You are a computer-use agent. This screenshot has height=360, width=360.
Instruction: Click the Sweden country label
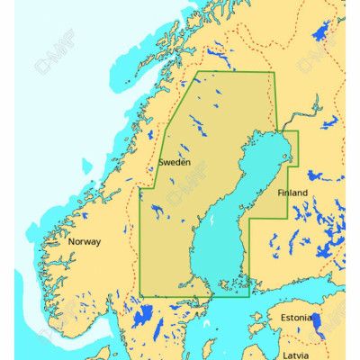click(x=174, y=163)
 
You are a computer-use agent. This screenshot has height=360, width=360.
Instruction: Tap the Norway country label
click(x=85, y=241)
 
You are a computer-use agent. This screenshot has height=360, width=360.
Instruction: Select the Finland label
click(x=292, y=193)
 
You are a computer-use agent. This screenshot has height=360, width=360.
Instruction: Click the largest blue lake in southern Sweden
click(x=141, y=316)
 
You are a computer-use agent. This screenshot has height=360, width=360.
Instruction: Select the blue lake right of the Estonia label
click(x=317, y=322)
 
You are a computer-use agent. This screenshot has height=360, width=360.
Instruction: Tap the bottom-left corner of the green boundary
click(x=140, y=295)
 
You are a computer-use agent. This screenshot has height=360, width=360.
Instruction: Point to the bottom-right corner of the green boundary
click(x=248, y=295)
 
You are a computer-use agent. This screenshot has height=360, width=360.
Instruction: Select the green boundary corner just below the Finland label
click(x=287, y=217)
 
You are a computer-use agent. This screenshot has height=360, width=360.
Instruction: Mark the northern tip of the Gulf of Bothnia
click(x=281, y=133)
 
